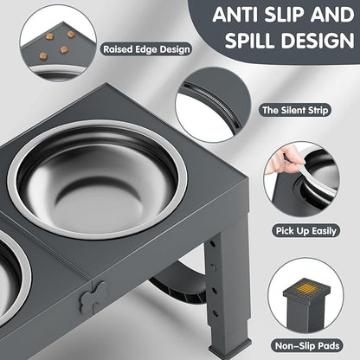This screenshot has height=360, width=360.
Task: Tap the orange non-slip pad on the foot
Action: click(x=307, y=279)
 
